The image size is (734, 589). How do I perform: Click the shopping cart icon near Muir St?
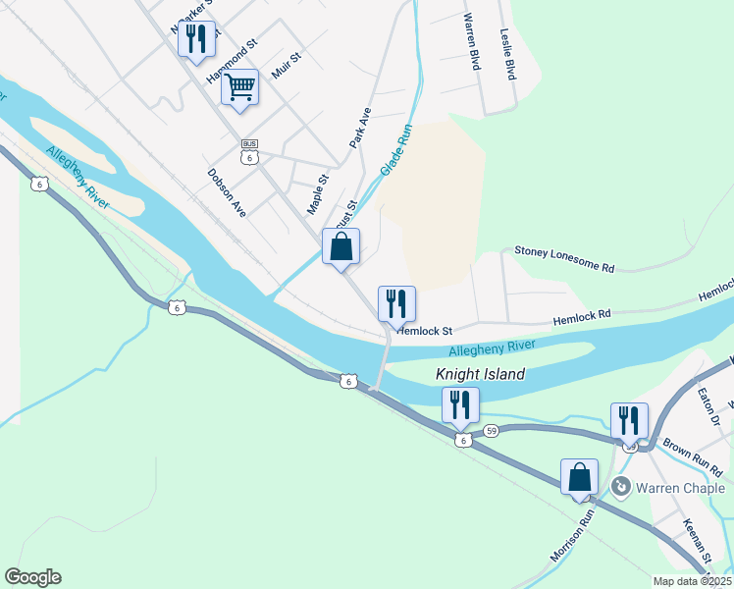[x=239, y=88]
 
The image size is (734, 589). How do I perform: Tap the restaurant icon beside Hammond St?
[x=195, y=38]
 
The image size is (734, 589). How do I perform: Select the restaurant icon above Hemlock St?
[x=396, y=304]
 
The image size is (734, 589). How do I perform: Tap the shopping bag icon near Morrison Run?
[x=579, y=477]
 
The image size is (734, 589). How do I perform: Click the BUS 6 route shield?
[x=250, y=151]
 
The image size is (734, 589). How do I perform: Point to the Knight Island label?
[x=481, y=374]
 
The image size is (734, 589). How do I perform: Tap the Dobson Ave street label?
[x=227, y=191]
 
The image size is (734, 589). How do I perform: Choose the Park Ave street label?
[x=360, y=128]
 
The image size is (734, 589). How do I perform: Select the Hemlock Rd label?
[x=582, y=316]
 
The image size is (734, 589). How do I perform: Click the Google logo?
[x=32, y=577]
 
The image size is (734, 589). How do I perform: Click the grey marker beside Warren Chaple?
[x=619, y=486]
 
